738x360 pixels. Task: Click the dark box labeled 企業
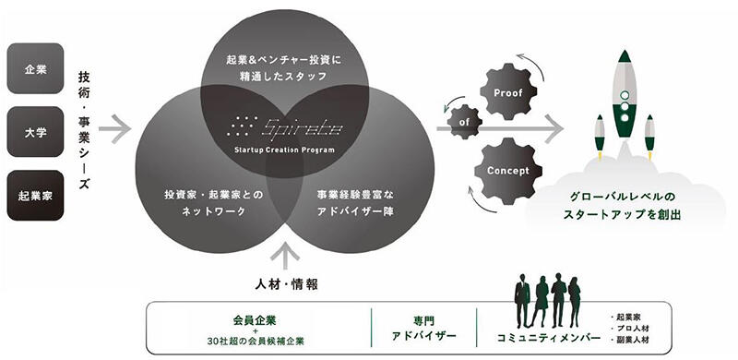click(36, 68)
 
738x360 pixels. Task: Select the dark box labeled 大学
click(36, 132)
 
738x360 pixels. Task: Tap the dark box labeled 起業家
click(36, 195)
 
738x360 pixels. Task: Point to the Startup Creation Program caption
click(285, 150)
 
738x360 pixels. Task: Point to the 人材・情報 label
click(286, 283)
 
